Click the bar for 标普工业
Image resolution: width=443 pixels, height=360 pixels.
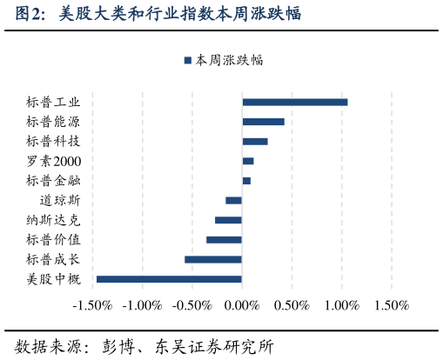(294, 102)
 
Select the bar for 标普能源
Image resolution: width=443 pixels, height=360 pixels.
(263, 122)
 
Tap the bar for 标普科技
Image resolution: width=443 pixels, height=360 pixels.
(254, 141)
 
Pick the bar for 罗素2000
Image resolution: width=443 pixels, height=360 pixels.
(247, 161)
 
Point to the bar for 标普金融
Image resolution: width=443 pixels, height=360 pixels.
(246, 181)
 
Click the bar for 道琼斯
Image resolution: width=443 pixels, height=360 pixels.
(233, 200)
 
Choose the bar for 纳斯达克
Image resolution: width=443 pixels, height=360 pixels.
(228, 220)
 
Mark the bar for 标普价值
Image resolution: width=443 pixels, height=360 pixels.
(224, 239)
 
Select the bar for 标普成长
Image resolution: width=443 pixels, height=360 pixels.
(212, 259)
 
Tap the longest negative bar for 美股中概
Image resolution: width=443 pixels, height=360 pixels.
(169, 278)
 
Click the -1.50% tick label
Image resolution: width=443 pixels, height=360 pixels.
(92, 306)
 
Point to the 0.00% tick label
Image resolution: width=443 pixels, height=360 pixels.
(242, 306)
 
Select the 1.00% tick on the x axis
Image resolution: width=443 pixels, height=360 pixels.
(342, 306)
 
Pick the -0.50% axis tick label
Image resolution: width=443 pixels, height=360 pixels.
(192, 306)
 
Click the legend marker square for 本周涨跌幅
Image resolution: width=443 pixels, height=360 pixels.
(187, 61)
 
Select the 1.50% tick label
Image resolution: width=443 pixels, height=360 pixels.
(392, 306)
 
